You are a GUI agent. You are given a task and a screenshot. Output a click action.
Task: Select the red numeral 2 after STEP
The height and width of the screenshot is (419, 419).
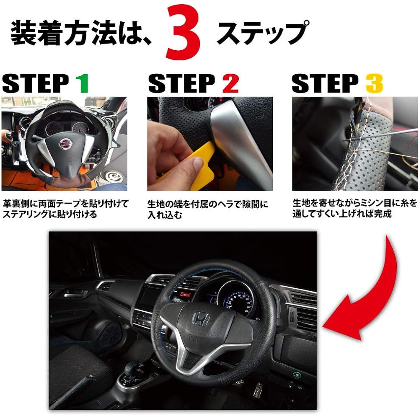tap(230, 83)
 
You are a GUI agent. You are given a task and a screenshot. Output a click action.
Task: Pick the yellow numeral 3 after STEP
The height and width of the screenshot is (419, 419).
tap(374, 83)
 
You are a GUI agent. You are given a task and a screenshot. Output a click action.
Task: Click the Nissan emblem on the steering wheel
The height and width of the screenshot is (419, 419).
tap(65, 144)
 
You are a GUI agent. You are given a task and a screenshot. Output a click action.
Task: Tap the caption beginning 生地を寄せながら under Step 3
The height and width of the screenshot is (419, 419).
tap(354, 208)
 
